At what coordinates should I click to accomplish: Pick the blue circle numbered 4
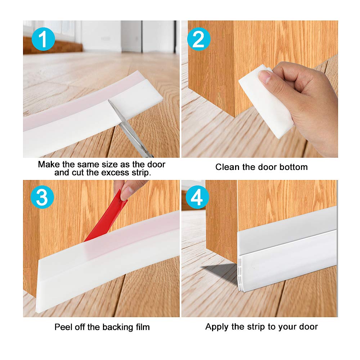point(198,197)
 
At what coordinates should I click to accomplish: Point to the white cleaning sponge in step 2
point(265,101)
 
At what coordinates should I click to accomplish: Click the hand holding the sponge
point(306,104)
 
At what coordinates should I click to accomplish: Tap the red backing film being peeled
point(106,220)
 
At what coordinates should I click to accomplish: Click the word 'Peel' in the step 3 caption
point(63,327)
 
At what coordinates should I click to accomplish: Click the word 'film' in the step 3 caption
point(141,327)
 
